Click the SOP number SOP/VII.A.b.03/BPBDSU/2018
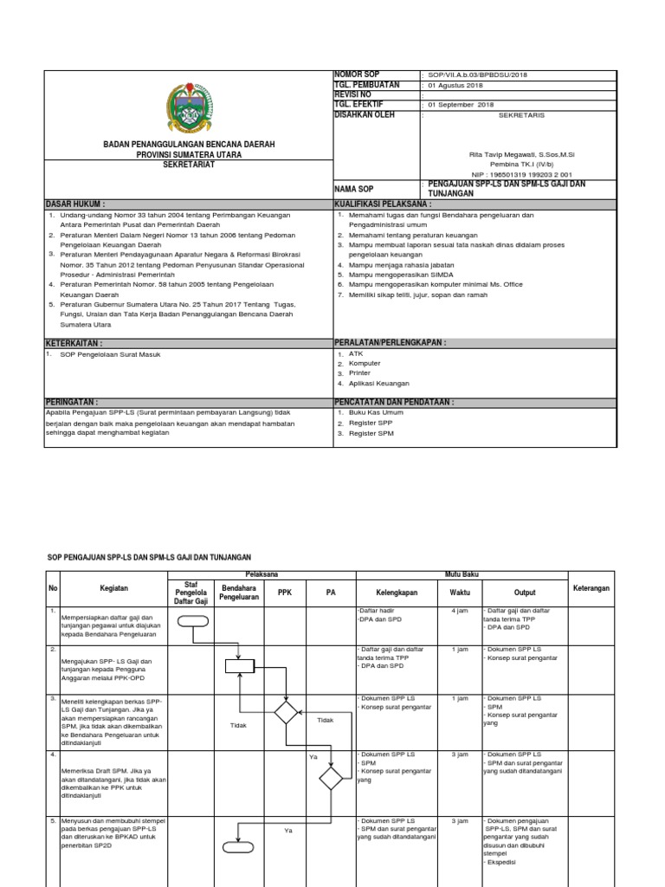476,75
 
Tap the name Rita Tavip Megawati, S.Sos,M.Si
520,153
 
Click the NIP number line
520,173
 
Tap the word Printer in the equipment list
361,373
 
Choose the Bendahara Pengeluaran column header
239,592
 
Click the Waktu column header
460,593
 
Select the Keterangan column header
591,588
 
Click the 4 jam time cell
460,611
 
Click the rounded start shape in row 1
192,619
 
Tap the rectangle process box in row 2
239,665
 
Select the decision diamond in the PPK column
285,712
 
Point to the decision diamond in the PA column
330,778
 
